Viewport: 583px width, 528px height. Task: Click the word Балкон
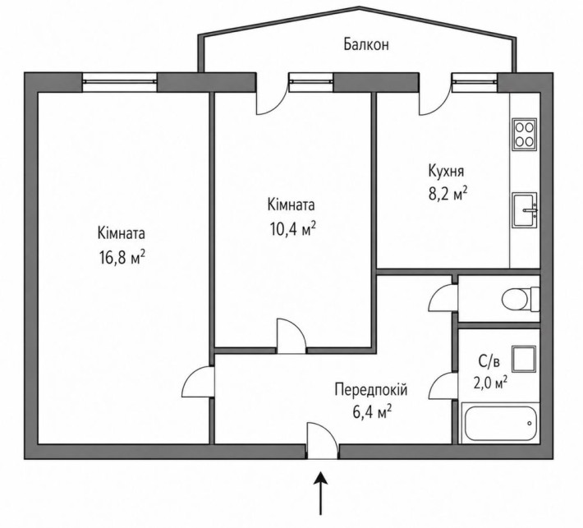point(366,44)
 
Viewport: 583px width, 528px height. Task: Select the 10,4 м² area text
point(293,228)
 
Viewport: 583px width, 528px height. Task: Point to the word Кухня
point(446,172)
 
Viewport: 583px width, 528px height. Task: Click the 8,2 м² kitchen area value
point(448,195)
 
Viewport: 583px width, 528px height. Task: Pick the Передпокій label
point(371,390)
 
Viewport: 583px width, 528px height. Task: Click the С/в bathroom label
point(487,361)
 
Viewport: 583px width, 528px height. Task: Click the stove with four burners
point(525,135)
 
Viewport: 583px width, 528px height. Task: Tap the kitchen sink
point(525,210)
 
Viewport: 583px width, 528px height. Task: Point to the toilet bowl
point(520,299)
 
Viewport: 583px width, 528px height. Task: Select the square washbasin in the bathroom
point(524,359)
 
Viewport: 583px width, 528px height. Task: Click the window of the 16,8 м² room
point(120,82)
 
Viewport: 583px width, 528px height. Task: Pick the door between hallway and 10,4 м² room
point(291,336)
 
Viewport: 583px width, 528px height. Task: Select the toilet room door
point(443,297)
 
